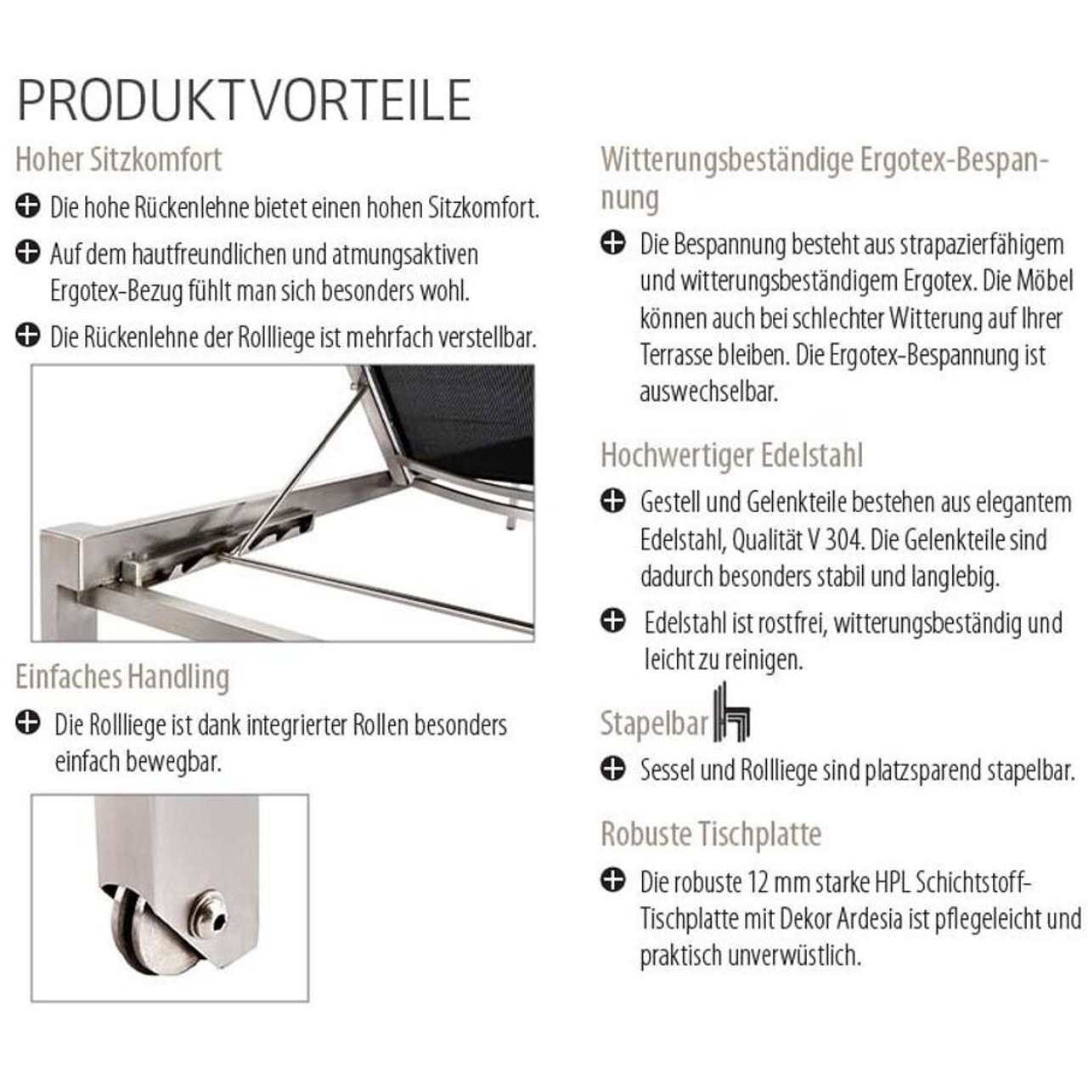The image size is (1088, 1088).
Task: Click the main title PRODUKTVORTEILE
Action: click(245, 100)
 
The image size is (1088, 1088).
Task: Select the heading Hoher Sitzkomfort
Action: click(119, 159)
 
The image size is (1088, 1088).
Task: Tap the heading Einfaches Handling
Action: click(122, 676)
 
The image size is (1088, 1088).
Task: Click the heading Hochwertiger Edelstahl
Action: click(732, 455)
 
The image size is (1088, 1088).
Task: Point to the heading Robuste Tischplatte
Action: click(711, 834)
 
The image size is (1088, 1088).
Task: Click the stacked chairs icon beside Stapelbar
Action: click(733, 712)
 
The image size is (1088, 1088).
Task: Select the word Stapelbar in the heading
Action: click(654, 724)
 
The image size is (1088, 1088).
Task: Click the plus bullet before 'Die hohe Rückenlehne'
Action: click(28, 206)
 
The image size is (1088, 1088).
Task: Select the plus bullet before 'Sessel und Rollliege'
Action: click(612, 769)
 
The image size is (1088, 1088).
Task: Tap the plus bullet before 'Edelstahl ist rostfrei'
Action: click(612, 621)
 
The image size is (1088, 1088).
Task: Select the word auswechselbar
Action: click(708, 392)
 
